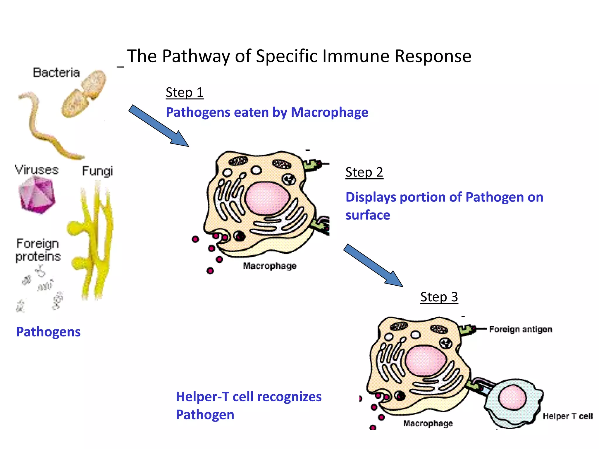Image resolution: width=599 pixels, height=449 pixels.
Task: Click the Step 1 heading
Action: tap(185, 92)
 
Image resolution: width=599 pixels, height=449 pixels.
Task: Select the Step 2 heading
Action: tap(364, 172)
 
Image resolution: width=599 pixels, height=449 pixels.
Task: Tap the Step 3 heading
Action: tap(439, 297)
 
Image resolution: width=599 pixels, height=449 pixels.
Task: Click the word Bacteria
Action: tap(56, 72)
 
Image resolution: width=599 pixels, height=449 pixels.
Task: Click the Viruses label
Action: tap(37, 170)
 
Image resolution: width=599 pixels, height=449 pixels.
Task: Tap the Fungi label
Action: tap(97, 171)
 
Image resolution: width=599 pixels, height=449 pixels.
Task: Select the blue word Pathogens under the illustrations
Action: tap(48, 332)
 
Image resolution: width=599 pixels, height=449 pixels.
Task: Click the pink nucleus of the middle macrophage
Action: tap(267, 198)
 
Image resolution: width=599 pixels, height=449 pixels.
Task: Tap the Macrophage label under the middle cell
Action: tap(269, 266)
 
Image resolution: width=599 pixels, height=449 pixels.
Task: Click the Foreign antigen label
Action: tap(521, 329)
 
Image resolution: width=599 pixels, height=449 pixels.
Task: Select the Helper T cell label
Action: tap(567, 416)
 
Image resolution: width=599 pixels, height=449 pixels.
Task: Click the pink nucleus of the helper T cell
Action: tap(512, 398)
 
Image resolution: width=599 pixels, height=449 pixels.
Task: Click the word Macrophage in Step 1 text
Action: tap(329, 113)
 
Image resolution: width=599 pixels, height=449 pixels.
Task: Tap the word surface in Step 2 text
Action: tap(368, 215)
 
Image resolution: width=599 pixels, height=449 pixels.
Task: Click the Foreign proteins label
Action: tap(38, 250)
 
